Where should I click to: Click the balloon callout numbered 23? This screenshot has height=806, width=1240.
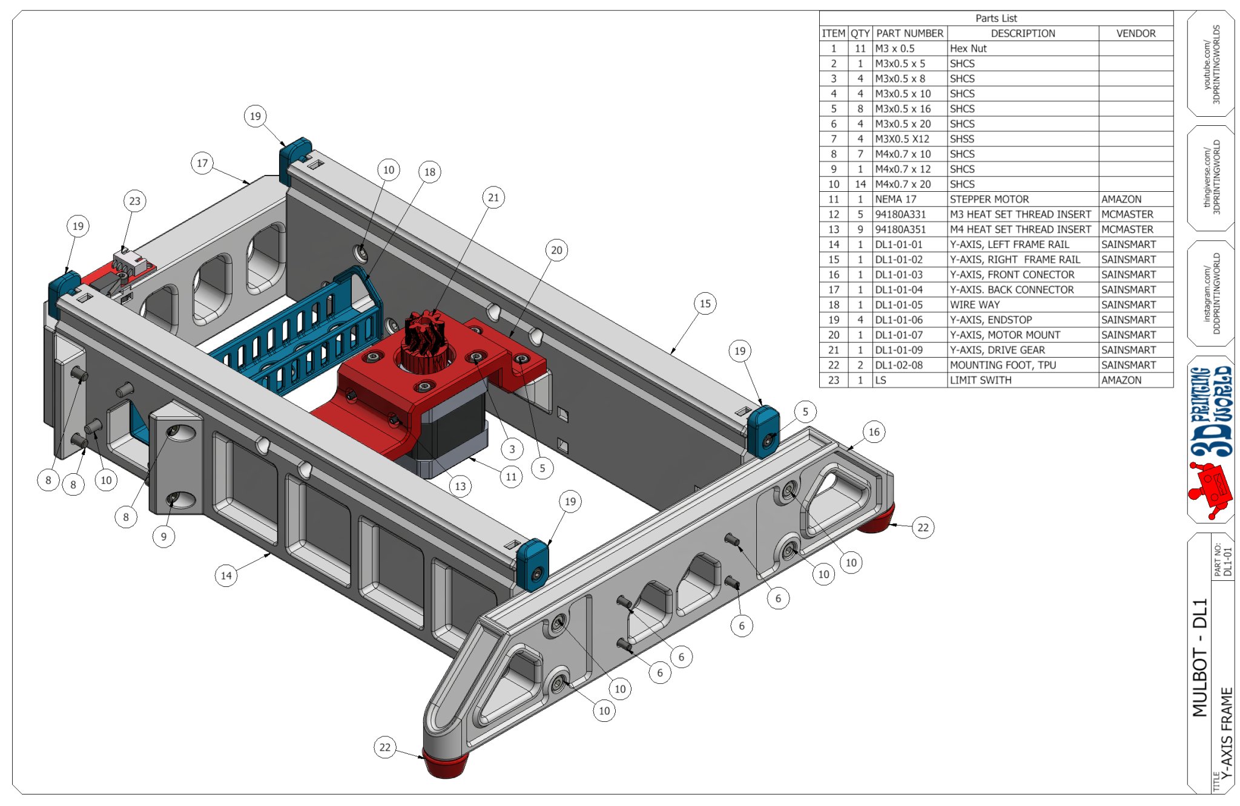coord(134,201)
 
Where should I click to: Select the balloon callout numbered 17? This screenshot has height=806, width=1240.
coord(202,163)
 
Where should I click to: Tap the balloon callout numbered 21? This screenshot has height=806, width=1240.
coord(493,197)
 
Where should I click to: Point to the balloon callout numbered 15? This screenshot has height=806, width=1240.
coord(705,303)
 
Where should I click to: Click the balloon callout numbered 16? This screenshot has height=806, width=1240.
coord(874,431)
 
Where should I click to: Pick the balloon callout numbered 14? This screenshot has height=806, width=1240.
coord(226,575)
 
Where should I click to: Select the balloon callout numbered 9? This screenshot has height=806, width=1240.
coord(163,536)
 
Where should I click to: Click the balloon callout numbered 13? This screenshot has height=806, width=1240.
coord(460,485)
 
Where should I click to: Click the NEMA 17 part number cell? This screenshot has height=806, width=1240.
coord(909,199)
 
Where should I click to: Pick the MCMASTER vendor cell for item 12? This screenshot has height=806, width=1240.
coord(1135,214)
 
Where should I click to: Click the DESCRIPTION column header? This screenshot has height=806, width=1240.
coord(1022,33)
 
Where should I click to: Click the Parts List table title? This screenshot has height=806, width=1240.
coord(996,18)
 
